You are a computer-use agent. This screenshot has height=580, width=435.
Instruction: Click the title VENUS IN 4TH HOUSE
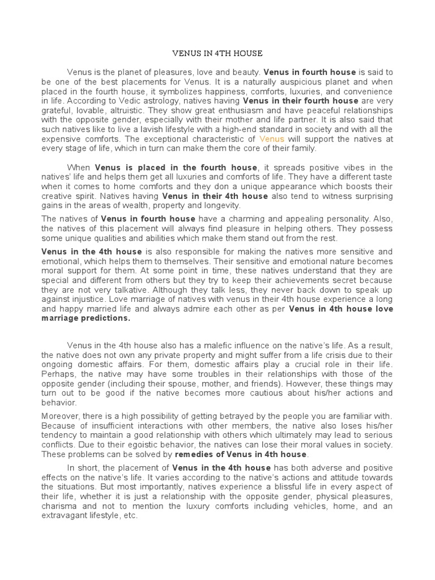[217, 53]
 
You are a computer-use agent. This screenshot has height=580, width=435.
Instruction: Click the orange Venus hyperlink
[272, 139]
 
